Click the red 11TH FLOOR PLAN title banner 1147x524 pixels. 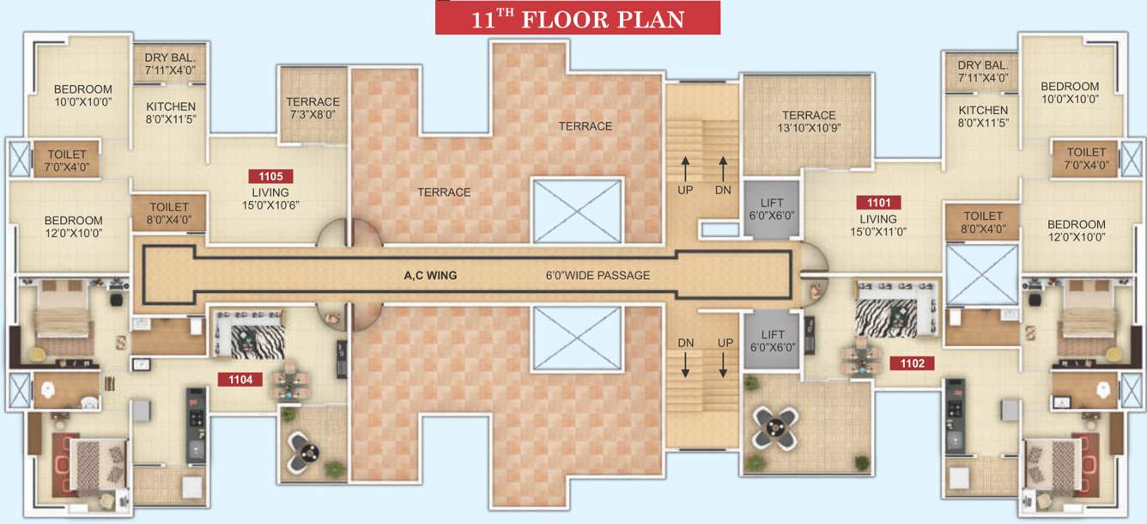point(577,18)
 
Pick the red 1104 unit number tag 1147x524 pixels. point(240,379)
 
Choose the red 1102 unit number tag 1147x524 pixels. point(912,363)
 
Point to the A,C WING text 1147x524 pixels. point(430,276)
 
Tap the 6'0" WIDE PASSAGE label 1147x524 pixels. point(598,276)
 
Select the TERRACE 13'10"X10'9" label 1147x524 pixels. point(809,122)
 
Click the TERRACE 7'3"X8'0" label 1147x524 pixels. point(313,107)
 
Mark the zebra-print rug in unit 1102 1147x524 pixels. point(886,319)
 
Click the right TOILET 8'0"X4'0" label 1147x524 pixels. point(982,222)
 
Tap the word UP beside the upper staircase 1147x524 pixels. point(685,190)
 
